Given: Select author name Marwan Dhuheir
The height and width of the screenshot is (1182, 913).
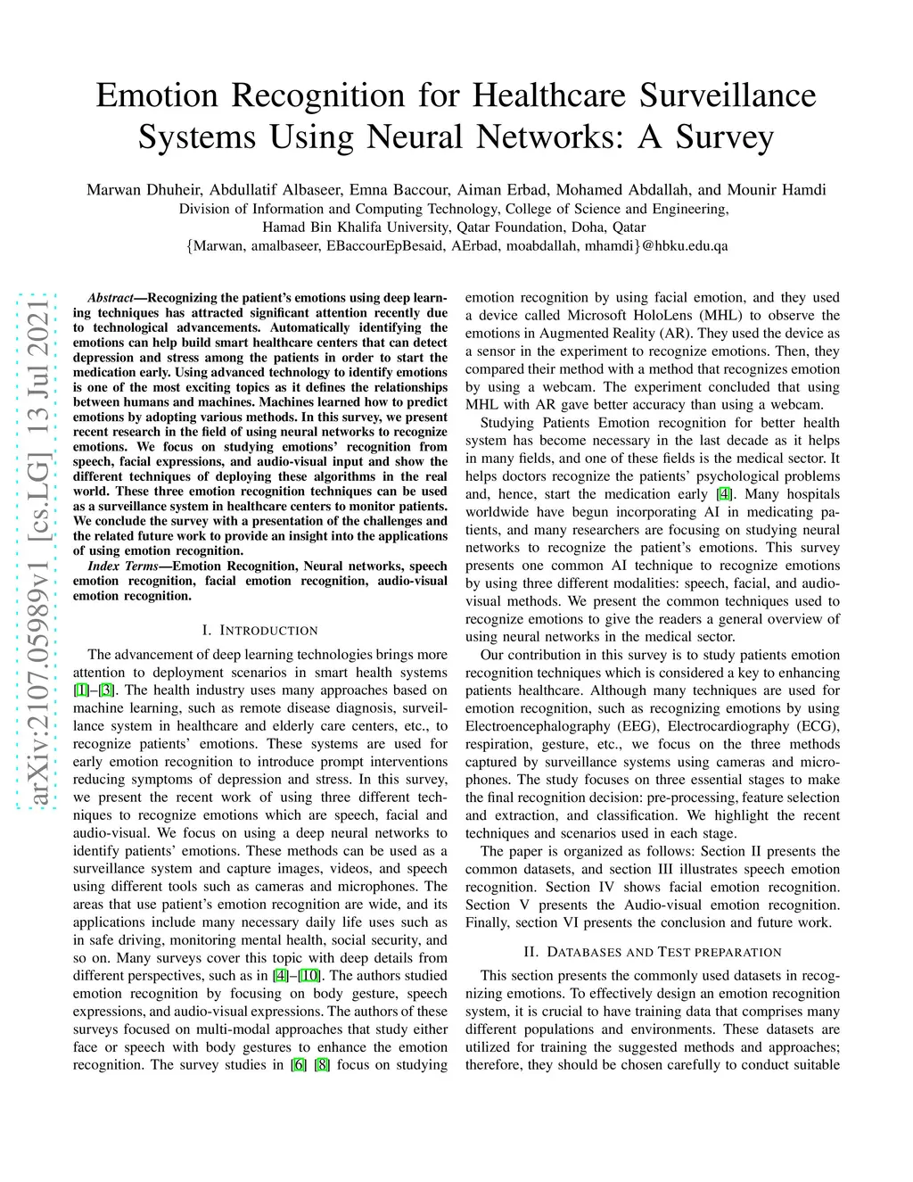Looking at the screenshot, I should pyautogui.click(x=146, y=189).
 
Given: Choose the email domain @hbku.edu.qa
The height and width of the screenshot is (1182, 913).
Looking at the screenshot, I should pyautogui.click(x=685, y=245).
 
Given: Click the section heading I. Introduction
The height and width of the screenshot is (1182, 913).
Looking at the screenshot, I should pyautogui.click(x=260, y=631).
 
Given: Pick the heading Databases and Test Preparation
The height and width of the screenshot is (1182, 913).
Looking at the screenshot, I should pyautogui.click(x=653, y=952).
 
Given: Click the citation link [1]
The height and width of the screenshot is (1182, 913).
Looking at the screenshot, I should pyautogui.click(x=79, y=690).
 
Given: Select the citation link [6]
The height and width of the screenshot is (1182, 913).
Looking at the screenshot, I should pyautogui.click(x=298, y=1065).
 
